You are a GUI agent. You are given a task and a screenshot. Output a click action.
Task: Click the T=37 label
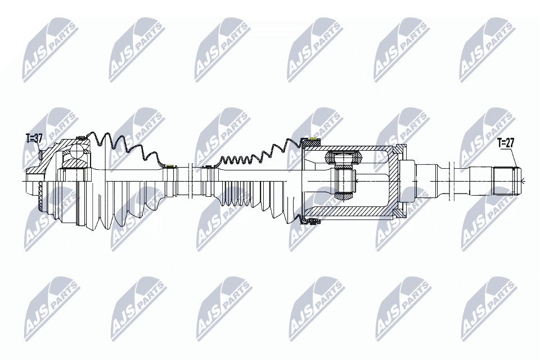34,137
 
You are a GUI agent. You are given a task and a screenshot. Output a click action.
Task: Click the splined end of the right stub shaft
506,181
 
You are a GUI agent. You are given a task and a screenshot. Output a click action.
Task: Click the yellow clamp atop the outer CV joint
80,138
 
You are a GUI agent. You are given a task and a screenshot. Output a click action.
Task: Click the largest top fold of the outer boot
103,141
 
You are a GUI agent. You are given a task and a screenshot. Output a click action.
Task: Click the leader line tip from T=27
515,168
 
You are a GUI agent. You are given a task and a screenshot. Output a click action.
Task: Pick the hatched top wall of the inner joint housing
349,148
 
